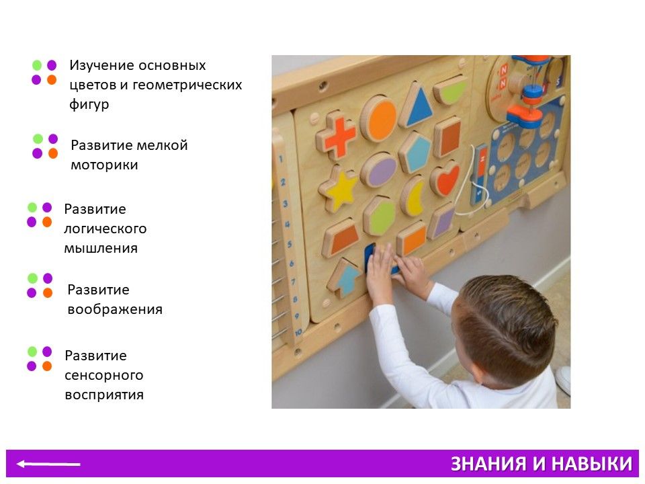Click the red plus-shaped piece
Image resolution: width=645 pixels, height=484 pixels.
[337, 135]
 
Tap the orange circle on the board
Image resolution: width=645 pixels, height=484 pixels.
[379, 118]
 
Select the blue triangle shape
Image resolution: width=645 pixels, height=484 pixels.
[417, 106]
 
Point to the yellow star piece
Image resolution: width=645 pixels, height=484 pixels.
[339, 189]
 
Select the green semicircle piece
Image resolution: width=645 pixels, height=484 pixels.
[449, 91]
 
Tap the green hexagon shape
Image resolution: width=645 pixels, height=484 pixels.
[380, 216]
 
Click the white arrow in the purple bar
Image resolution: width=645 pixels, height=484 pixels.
[48, 465]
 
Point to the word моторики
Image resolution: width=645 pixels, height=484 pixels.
[105, 165]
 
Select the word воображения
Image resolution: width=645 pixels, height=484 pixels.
[115, 309]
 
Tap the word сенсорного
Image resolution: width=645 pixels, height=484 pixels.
[104, 375]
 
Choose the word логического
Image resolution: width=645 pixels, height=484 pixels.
[105, 229]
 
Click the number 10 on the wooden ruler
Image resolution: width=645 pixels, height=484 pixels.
[298, 331]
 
